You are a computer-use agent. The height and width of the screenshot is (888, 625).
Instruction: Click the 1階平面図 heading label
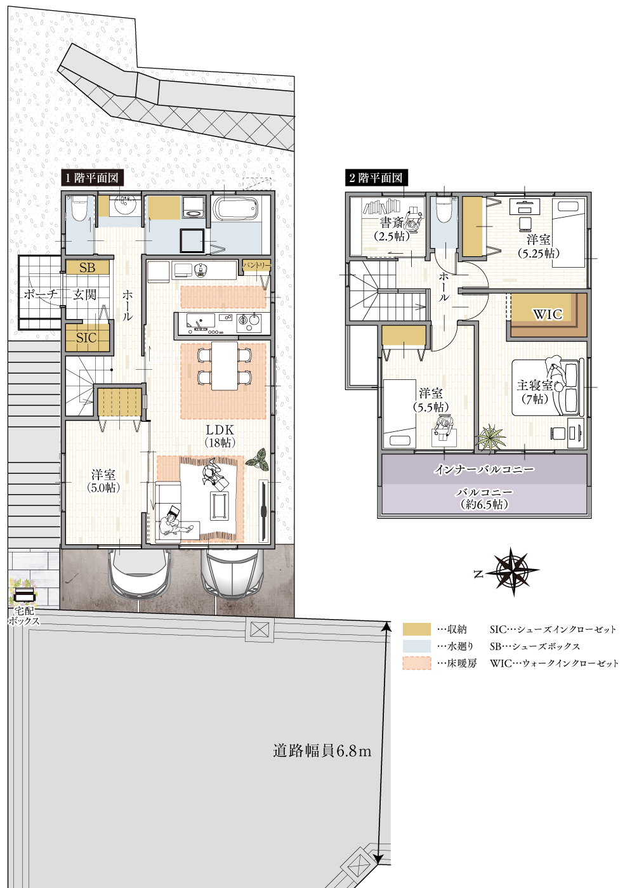(x=92, y=178)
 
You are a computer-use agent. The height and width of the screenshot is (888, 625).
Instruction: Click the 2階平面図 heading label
(x=376, y=178)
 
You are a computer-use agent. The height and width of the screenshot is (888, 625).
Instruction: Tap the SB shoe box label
(x=88, y=268)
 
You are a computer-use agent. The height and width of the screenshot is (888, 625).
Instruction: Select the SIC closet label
(x=86, y=338)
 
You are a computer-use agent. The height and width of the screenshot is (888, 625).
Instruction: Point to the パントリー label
(x=256, y=266)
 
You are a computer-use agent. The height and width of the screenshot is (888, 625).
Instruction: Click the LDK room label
(x=220, y=430)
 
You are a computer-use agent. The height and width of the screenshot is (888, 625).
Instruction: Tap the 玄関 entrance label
(x=84, y=294)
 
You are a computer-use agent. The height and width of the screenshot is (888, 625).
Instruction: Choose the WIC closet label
(x=547, y=315)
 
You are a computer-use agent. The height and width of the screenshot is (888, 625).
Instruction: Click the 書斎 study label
(x=391, y=223)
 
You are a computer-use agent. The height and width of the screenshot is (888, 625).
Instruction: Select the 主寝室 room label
(x=534, y=386)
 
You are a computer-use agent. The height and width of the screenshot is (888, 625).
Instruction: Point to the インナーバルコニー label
(x=484, y=469)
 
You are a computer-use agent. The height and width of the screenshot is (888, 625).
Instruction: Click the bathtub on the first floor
(x=235, y=208)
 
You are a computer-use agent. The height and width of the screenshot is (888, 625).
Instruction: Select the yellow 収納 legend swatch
(x=416, y=629)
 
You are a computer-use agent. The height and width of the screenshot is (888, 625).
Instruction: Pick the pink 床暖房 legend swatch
(x=416, y=663)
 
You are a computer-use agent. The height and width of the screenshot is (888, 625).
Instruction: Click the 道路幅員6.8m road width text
(x=322, y=751)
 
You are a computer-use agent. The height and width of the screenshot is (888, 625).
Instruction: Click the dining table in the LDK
(x=224, y=366)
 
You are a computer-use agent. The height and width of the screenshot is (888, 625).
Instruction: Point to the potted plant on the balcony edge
(x=490, y=438)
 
